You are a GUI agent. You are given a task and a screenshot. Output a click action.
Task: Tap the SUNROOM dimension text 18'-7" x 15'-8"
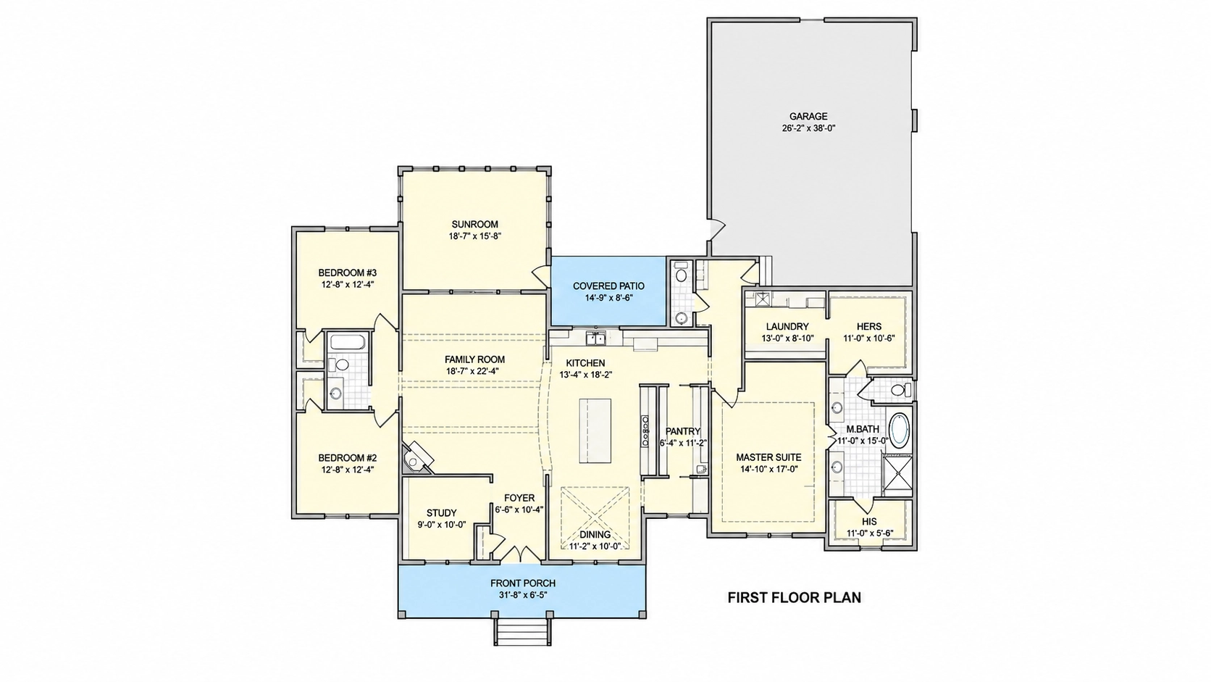click(x=474, y=236)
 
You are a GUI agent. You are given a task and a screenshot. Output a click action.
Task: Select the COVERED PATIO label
click(x=608, y=286)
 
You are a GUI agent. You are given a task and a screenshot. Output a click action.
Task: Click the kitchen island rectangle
click(x=595, y=431)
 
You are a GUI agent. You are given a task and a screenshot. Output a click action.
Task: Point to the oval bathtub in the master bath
click(x=899, y=430)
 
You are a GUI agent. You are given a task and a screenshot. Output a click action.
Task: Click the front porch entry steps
click(x=523, y=632)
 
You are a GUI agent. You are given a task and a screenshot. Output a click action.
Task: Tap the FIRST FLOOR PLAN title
click(x=795, y=598)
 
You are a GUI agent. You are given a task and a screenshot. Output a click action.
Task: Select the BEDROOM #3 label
click(x=348, y=273)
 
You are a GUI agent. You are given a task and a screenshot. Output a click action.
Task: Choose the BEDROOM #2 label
click(x=348, y=458)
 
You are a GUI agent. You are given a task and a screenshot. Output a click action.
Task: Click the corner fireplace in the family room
click(x=417, y=457)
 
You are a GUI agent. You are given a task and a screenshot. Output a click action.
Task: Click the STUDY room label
click(x=442, y=512)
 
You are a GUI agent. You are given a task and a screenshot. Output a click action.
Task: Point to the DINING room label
click(x=595, y=535)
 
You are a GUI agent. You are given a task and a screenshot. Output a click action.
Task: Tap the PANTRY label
click(x=683, y=431)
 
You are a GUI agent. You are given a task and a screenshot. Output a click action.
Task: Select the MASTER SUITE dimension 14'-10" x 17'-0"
click(x=768, y=470)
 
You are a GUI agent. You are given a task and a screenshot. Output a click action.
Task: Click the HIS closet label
click(x=869, y=521)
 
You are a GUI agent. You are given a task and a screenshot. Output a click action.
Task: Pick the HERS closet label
click(x=869, y=327)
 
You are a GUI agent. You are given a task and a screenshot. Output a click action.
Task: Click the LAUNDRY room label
click(x=787, y=327)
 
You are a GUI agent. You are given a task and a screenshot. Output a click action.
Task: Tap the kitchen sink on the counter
click(x=596, y=338)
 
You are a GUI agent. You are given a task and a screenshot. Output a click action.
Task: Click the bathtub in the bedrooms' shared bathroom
click(x=348, y=342)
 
